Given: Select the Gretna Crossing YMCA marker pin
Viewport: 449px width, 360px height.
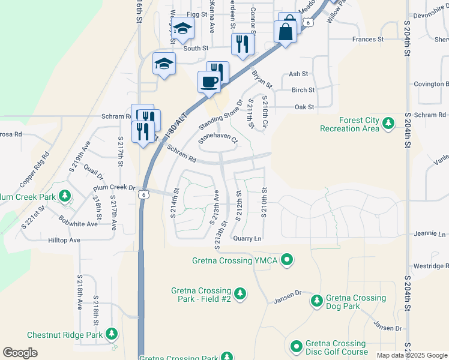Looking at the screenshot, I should (x=288, y=260).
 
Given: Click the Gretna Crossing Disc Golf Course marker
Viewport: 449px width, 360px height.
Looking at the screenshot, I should (x=296, y=346).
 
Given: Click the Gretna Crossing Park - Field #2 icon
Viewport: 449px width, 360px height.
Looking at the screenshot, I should (x=240, y=293).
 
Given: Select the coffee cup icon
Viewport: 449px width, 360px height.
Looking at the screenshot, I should (x=208, y=82).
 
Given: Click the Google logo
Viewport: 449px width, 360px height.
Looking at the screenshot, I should (x=20, y=352).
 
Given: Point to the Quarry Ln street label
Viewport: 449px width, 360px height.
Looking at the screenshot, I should (x=248, y=238).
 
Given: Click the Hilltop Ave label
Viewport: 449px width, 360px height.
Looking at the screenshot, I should (x=64, y=240).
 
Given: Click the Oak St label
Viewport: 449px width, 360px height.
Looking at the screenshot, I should (x=304, y=107).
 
